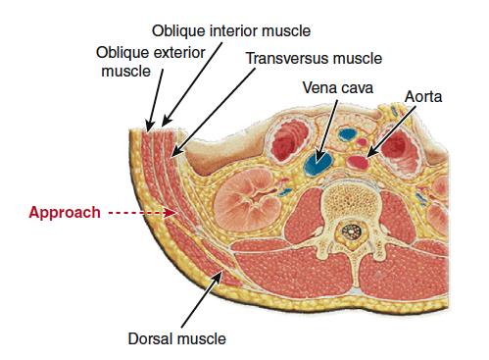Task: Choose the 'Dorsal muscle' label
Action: [176, 339]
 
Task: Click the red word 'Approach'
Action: [64, 212]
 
